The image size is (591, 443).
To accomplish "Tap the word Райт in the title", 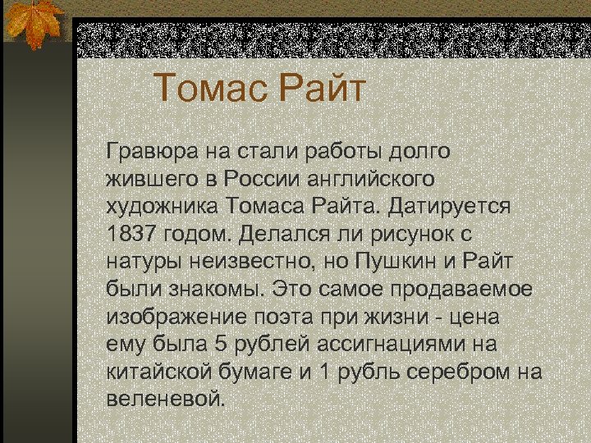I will click(x=320, y=88).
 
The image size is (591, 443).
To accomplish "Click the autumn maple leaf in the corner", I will click(x=33, y=22).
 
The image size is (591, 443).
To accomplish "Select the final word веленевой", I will click(x=164, y=400).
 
